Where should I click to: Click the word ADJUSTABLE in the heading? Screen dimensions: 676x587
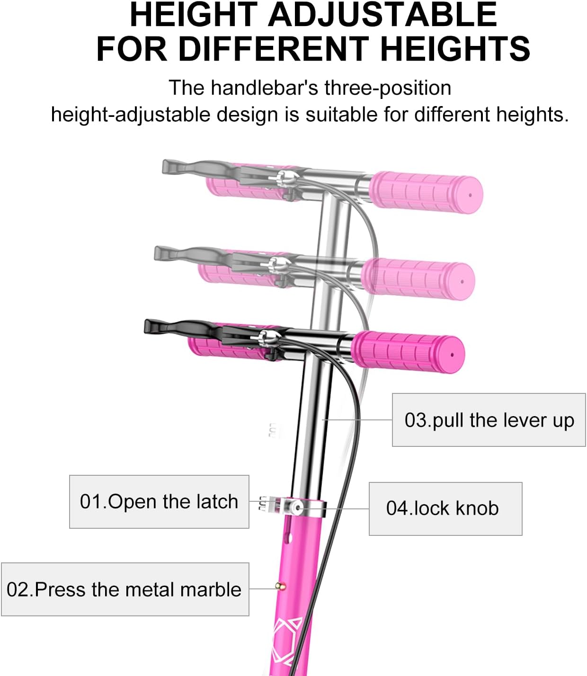(x=382, y=15)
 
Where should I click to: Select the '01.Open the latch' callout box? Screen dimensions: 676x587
(x=159, y=502)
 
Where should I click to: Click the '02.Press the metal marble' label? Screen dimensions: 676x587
(x=125, y=589)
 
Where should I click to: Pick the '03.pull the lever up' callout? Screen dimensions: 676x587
(x=489, y=420)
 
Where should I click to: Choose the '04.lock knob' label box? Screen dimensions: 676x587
(x=445, y=508)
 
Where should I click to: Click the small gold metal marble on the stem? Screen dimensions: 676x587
(x=282, y=587)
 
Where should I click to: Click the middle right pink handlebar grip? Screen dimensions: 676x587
(x=418, y=279)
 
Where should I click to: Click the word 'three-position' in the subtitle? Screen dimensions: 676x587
(x=388, y=88)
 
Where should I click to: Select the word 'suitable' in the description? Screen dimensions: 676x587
(x=342, y=115)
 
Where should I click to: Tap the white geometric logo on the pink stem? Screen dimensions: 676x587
(x=287, y=639)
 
